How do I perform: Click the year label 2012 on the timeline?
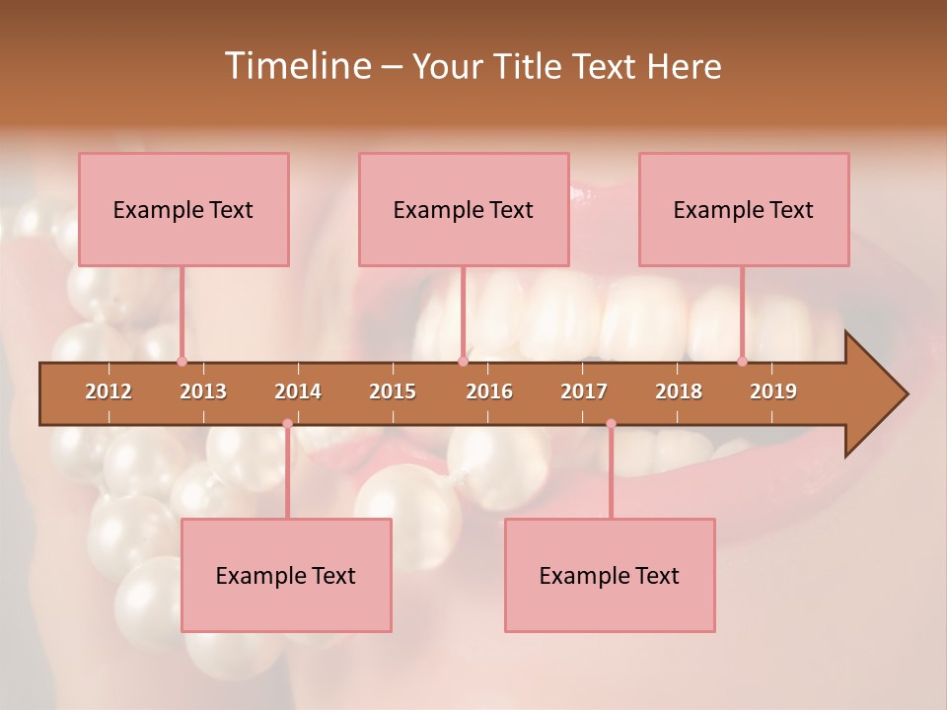coord(109,391)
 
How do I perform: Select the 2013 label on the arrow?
coord(203,391)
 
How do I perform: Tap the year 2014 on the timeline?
coord(298,391)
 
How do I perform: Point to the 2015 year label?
coord(393,391)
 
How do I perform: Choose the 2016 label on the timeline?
coord(489,391)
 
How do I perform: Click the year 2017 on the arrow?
coord(584,391)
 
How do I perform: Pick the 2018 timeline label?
coord(679,391)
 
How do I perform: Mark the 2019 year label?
coord(773,391)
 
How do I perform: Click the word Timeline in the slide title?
coord(296,66)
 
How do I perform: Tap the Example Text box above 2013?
coord(183,209)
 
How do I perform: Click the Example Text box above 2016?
coord(464,209)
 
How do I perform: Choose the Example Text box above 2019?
coord(744,209)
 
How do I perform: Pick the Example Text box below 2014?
coord(286,575)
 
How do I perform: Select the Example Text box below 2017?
coord(610,575)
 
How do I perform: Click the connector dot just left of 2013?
coord(182,362)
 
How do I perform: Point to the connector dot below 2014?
coord(287,424)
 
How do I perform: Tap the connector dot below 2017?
coord(611,424)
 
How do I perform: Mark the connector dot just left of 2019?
coord(742,362)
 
